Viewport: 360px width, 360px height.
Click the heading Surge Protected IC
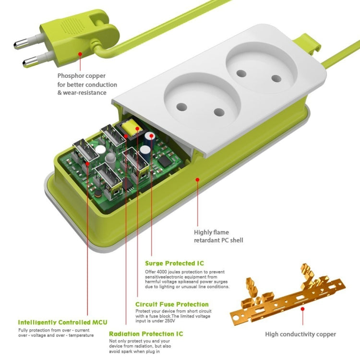pos(174,263)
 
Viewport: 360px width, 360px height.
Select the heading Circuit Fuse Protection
pos(172,304)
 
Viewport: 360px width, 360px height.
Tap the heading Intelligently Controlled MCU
pos(62,322)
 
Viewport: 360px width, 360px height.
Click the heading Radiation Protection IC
pos(145,334)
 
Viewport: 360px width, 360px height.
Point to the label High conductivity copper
pos(300,334)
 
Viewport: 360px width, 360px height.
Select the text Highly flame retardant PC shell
pos(218,235)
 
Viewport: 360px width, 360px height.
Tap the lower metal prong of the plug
pos(31,61)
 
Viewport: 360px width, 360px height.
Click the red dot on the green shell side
pos(197,180)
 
